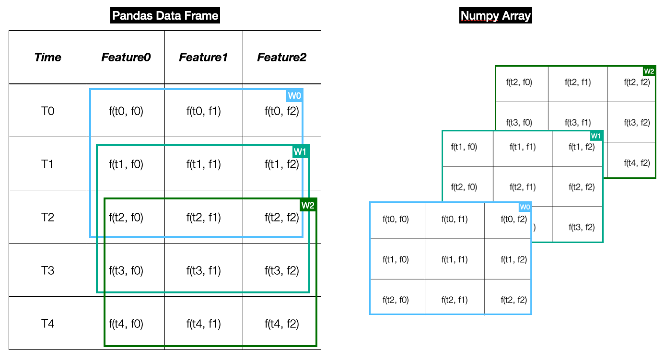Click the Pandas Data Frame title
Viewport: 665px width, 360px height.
(x=165, y=16)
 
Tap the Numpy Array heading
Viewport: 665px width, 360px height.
(x=495, y=16)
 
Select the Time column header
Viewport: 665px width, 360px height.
(x=48, y=58)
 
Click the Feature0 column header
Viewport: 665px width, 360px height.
(x=126, y=58)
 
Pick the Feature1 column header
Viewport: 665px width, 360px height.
(x=203, y=58)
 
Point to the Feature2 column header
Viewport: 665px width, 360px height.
(x=281, y=58)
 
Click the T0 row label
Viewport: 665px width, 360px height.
(x=48, y=111)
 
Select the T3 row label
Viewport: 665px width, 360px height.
(x=48, y=271)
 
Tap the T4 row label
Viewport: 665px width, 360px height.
(x=48, y=324)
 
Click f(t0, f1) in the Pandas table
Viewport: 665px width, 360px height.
(x=203, y=111)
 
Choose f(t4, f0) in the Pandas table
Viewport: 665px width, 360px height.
(x=126, y=324)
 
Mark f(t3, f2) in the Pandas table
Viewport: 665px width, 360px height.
(x=281, y=271)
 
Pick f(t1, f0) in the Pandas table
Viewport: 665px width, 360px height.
(x=126, y=164)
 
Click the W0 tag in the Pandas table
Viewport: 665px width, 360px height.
(x=294, y=95)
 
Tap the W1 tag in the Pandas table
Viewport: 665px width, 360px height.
(x=301, y=152)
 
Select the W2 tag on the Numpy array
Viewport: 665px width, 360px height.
(x=649, y=71)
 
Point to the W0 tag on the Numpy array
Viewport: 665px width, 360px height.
(x=525, y=207)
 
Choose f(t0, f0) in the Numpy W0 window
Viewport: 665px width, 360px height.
(x=396, y=220)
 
